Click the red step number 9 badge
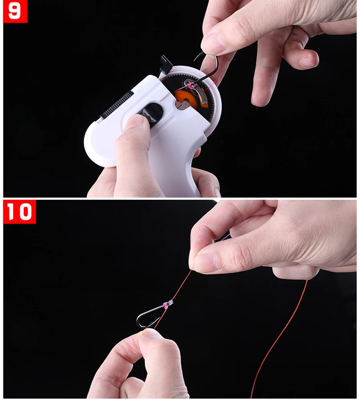[15, 11]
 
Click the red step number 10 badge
[19, 212]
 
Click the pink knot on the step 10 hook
[166, 305]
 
